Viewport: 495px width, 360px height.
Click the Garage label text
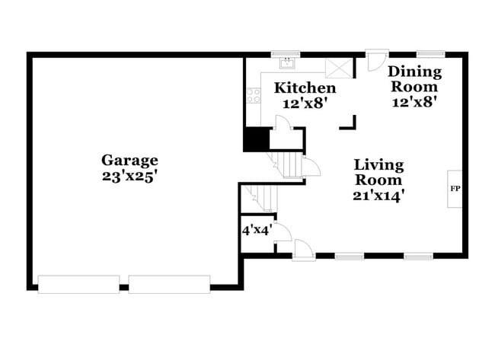click(130, 160)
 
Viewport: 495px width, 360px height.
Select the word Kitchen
click(305, 88)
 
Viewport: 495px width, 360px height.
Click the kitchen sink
click(287, 63)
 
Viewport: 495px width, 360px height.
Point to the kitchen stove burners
click(253, 96)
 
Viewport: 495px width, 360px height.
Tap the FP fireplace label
click(455, 187)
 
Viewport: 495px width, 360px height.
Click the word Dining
click(414, 72)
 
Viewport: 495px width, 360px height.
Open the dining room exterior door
click(375, 61)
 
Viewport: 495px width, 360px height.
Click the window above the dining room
click(430, 54)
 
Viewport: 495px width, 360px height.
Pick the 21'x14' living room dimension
click(378, 195)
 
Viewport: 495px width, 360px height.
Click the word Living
click(378, 165)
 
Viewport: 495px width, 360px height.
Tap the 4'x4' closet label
click(254, 229)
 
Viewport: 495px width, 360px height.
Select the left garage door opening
click(78, 284)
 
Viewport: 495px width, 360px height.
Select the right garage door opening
click(168, 284)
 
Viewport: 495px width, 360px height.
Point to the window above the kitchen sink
click(287, 54)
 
